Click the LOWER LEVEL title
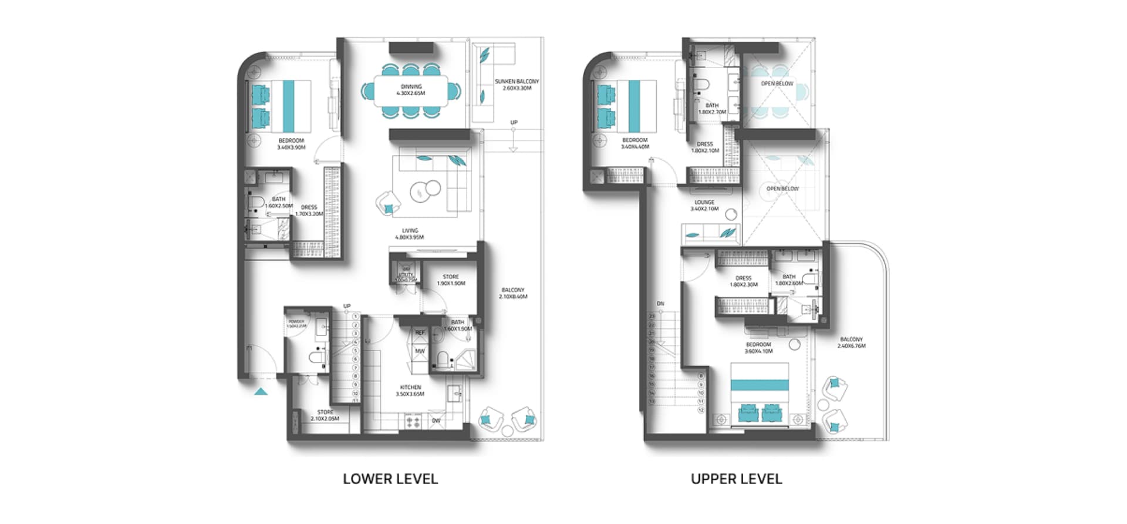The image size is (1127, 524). tap(390, 479)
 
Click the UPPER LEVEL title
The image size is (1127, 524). tap(736, 479)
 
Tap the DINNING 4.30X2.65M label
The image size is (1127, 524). tap(410, 90)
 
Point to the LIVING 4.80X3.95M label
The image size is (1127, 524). tap(410, 234)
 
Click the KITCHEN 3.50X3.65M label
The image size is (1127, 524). tap(410, 391)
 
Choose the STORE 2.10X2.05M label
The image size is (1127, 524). tap(325, 415)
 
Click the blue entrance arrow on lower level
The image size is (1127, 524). tap(261, 391)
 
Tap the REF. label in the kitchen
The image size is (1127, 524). tap(420, 332)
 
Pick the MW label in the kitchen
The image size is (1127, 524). tap(420, 351)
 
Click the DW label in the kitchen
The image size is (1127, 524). tap(436, 421)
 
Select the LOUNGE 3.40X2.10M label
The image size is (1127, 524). tap(704, 205)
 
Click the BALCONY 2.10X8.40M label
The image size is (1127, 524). tap(513, 293)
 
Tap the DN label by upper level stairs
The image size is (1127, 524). tap(660, 304)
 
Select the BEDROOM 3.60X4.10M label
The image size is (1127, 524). tap(758, 348)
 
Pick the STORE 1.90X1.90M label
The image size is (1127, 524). tap(451, 280)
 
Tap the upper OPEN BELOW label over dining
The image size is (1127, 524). tap(777, 83)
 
